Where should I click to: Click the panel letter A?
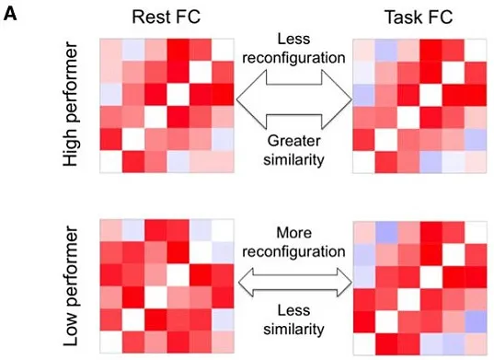click(x=10, y=14)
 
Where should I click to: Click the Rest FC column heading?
click(x=166, y=17)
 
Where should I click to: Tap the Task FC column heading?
click(x=419, y=17)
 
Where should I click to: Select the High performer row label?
click(x=70, y=104)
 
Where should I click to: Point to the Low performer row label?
click(x=70, y=286)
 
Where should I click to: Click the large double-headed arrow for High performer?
click(x=294, y=99)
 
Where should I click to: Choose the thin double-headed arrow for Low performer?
click(x=295, y=283)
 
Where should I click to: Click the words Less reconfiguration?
click(x=293, y=49)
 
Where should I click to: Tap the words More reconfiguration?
click(x=293, y=242)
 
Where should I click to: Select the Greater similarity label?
click(x=293, y=150)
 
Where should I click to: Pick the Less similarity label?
click(x=293, y=320)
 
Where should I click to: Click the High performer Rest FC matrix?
click(x=167, y=106)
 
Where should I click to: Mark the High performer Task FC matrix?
click(x=419, y=106)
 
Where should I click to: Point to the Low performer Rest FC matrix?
click(x=167, y=286)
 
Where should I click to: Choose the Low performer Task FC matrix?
click(x=420, y=288)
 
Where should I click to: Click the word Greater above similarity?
click(x=293, y=141)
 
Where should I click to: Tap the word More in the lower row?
click(x=293, y=233)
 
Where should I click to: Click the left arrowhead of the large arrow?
click(x=250, y=99)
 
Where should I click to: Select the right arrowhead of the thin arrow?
click(x=344, y=283)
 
